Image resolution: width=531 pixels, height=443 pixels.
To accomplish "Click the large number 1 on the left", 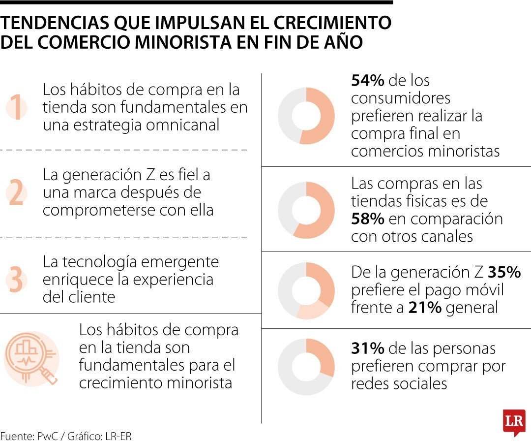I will click(17, 108).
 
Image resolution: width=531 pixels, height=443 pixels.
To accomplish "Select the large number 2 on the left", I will click(16, 193).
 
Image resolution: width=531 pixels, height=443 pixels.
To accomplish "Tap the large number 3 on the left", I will click(16, 280).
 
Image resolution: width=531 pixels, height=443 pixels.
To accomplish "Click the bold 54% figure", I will click(368, 80).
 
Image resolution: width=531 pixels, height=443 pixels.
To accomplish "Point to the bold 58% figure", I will click(368, 219).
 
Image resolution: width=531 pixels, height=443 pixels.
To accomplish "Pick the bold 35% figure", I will click(504, 272).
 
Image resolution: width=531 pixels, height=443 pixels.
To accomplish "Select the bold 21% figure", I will click(425, 308).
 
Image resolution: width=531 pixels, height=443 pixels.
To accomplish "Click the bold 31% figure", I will click(367, 348).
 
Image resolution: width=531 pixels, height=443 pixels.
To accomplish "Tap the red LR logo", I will click(514, 422).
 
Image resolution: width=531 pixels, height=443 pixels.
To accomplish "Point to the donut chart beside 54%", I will click(306, 116).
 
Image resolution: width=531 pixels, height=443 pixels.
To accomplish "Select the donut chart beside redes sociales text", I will click(306, 367).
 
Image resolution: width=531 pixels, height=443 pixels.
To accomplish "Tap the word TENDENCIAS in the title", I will click(55, 23).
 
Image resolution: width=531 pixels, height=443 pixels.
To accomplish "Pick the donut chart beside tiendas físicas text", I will click(306, 210).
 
